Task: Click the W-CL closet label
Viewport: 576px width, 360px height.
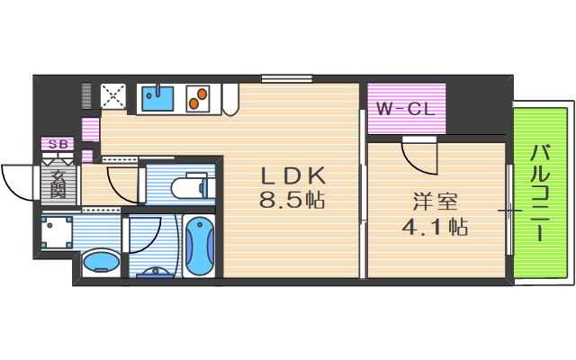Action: (x=405, y=110)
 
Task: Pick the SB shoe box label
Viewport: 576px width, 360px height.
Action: (x=58, y=144)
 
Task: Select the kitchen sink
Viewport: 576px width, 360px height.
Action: (x=157, y=97)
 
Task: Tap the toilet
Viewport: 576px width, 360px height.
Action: (x=191, y=187)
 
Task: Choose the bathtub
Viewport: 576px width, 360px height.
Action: (x=199, y=245)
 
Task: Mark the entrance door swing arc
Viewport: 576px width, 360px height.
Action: (x=18, y=184)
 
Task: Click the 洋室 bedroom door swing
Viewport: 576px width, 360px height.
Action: (x=418, y=157)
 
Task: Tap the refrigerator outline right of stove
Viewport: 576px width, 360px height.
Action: (x=229, y=97)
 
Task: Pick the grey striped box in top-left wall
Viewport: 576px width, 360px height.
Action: (x=87, y=95)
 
